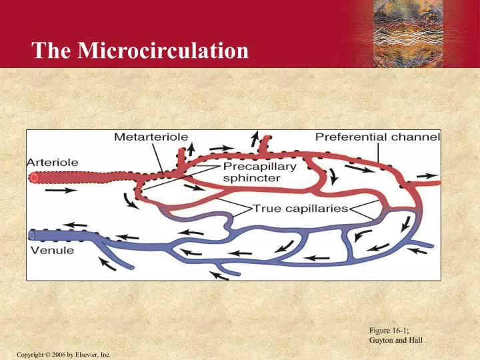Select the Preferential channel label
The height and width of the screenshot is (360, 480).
point(377,137)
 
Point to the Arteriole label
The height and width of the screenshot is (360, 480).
point(53,162)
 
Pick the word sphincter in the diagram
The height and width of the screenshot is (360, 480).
point(251,179)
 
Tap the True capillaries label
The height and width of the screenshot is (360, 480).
point(301,208)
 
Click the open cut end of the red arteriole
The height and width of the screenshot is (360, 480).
point(33,177)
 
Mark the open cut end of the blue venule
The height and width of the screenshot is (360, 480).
point(32,235)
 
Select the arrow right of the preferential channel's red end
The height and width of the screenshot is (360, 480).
point(423,176)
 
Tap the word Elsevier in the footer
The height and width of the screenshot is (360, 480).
point(86,353)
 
